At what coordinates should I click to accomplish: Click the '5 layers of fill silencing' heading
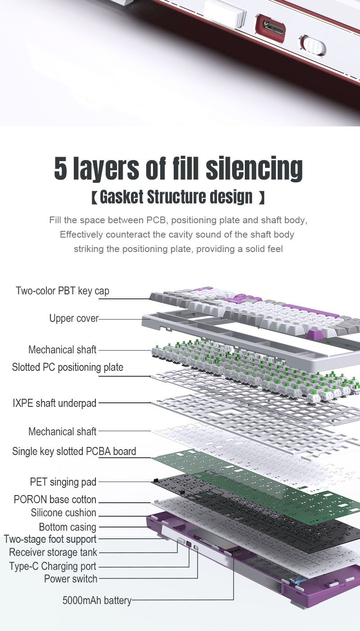[x=178, y=168]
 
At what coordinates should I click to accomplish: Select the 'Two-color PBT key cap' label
[x=63, y=291]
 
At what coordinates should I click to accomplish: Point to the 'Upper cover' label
[x=74, y=318]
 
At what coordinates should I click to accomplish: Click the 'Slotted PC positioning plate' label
[x=67, y=367]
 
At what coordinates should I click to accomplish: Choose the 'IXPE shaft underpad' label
[x=54, y=403]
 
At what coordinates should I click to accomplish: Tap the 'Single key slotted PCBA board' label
[x=74, y=451]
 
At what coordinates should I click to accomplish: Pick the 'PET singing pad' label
[x=63, y=482]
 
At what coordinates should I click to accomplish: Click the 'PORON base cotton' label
[x=55, y=500]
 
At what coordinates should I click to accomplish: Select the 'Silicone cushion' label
[x=63, y=513]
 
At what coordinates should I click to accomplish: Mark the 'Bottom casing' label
[x=67, y=527]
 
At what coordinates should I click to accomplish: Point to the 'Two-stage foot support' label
[x=50, y=540]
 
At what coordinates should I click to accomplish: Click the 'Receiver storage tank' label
[x=53, y=552]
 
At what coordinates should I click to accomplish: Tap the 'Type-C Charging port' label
[x=53, y=566]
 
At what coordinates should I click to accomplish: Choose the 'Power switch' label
[x=70, y=579]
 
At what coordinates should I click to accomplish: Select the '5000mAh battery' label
[x=97, y=600]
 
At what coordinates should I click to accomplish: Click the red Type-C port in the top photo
[x=270, y=29]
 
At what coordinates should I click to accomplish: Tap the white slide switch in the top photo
[x=313, y=45]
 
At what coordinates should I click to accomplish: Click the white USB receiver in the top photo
[x=225, y=13]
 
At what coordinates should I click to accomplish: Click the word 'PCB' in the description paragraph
[x=156, y=220]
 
